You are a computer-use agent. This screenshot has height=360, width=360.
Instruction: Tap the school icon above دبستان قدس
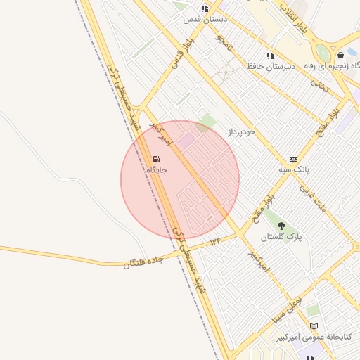204,8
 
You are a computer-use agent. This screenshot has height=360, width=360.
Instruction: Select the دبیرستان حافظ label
269,66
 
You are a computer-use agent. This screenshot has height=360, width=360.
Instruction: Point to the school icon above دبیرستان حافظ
269,56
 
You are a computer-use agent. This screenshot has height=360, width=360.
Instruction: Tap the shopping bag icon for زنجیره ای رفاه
340,55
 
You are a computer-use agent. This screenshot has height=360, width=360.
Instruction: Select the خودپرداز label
241,131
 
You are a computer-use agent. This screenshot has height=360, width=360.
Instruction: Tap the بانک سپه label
293,169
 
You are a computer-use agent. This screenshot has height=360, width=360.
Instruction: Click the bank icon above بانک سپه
293,160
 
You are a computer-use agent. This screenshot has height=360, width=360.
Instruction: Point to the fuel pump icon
155,160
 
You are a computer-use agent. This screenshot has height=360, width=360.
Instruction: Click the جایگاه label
156,170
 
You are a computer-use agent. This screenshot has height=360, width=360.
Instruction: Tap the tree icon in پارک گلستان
282,226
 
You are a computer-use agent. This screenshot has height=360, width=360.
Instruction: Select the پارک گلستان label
281,238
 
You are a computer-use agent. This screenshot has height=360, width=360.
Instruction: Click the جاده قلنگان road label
143,258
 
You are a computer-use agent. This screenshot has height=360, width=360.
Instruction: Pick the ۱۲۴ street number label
215,242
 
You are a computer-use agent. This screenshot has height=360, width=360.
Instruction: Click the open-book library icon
314,326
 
